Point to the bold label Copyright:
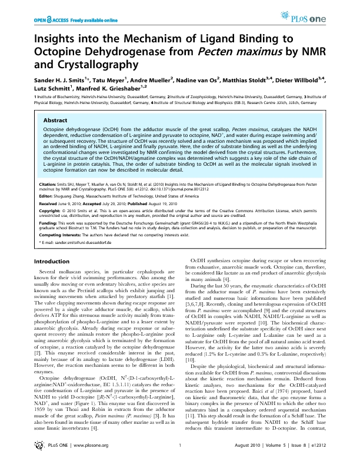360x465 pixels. coord(50,210)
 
